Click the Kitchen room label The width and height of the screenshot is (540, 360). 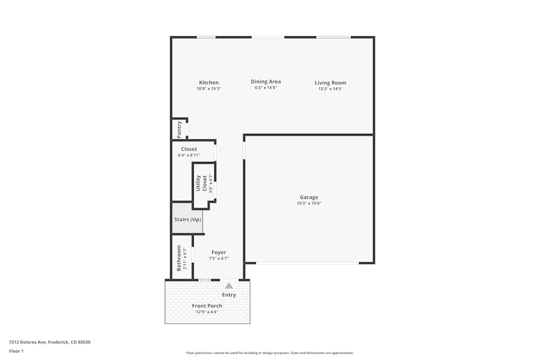point(208,83)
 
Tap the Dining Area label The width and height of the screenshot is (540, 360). point(266,81)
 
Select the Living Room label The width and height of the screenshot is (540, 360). point(330,83)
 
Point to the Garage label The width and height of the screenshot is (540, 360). point(309,197)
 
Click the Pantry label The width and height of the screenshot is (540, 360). point(179,130)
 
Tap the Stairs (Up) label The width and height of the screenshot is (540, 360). point(187,220)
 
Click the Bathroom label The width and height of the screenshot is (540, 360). point(179,258)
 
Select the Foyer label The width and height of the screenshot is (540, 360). point(219,252)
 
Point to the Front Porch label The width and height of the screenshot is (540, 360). point(207,306)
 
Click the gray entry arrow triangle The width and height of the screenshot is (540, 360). point(229,286)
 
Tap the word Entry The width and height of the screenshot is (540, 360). point(229,295)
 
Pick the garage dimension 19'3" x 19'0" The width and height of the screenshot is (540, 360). point(309,203)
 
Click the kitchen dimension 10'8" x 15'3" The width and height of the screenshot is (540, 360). point(208,89)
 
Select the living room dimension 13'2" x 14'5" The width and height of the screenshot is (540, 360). point(330,89)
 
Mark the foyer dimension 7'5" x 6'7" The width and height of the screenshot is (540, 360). point(219,259)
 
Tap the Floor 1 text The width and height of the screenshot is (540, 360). point(16,351)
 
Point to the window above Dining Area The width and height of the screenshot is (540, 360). point(268,37)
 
